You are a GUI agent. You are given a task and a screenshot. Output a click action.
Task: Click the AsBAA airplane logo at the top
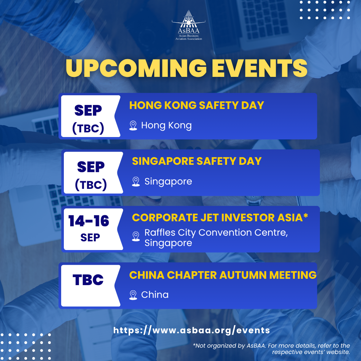[x=189, y=25]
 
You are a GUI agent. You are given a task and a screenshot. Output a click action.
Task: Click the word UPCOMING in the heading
[x=136, y=68]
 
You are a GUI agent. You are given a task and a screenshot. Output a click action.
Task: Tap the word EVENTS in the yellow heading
[x=259, y=68]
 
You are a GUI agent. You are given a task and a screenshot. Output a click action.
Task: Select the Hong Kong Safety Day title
[x=197, y=105]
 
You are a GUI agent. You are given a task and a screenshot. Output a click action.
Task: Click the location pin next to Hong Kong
[x=133, y=125]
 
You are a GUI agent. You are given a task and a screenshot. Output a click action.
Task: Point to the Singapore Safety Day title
[x=197, y=161]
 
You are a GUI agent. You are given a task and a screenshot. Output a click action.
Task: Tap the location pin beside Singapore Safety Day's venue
[x=136, y=182]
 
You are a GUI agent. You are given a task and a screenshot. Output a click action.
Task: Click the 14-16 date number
[x=89, y=221]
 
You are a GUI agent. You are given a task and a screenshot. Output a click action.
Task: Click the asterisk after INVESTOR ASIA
[x=306, y=216]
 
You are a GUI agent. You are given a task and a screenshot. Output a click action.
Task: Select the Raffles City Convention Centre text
[x=216, y=233]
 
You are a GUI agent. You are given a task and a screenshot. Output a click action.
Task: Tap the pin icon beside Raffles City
[x=136, y=236]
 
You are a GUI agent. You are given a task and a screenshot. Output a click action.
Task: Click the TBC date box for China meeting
[x=88, y=280]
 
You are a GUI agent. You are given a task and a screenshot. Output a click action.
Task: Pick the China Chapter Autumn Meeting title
[x=223, y=275]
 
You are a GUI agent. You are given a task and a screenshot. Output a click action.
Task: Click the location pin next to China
[x=133, y=295]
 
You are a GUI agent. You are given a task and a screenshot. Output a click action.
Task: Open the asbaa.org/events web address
[x=192, y=330]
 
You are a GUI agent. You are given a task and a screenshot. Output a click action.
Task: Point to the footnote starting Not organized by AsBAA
[x=271, y=349]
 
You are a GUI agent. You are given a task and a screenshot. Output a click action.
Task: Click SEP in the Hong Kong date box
[x=88, y=111]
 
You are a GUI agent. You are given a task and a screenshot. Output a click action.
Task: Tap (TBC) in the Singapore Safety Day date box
[x=91, y=185]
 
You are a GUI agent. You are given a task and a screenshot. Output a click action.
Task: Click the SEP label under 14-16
[x=90, y=237]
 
